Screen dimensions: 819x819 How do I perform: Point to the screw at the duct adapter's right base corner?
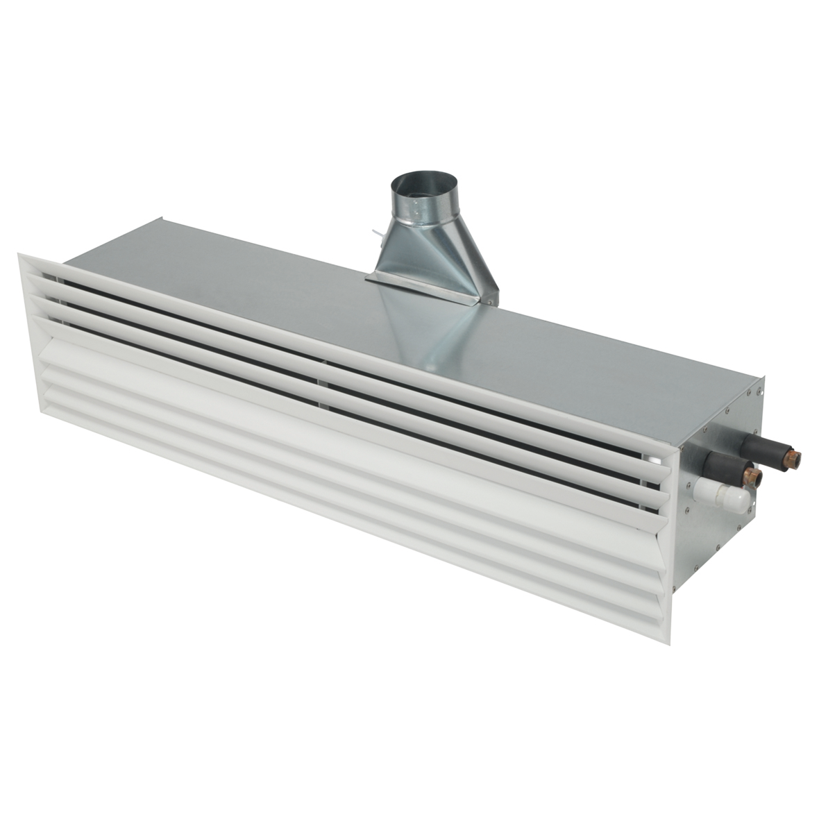(490, 301)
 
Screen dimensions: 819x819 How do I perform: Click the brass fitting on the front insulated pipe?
(754, 476)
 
